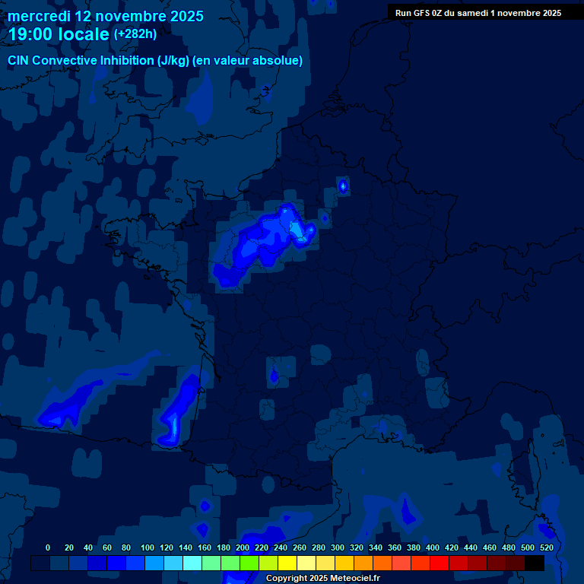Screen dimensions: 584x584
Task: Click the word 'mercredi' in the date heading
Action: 39,16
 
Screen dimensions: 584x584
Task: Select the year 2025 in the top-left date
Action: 182,16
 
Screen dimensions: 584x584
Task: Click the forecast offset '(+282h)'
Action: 135,34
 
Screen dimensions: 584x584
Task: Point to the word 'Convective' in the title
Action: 65,61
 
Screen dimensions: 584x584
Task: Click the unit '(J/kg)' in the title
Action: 173,61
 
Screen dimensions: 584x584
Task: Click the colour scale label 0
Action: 48,547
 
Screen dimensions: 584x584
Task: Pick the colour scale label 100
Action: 148,547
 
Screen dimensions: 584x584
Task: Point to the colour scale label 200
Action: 243,547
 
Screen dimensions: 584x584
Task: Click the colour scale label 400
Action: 433,547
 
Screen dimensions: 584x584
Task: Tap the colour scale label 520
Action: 546,547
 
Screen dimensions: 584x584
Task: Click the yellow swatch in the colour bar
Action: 287,563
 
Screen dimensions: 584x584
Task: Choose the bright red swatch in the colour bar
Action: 440,563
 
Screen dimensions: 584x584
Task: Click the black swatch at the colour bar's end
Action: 535,563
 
